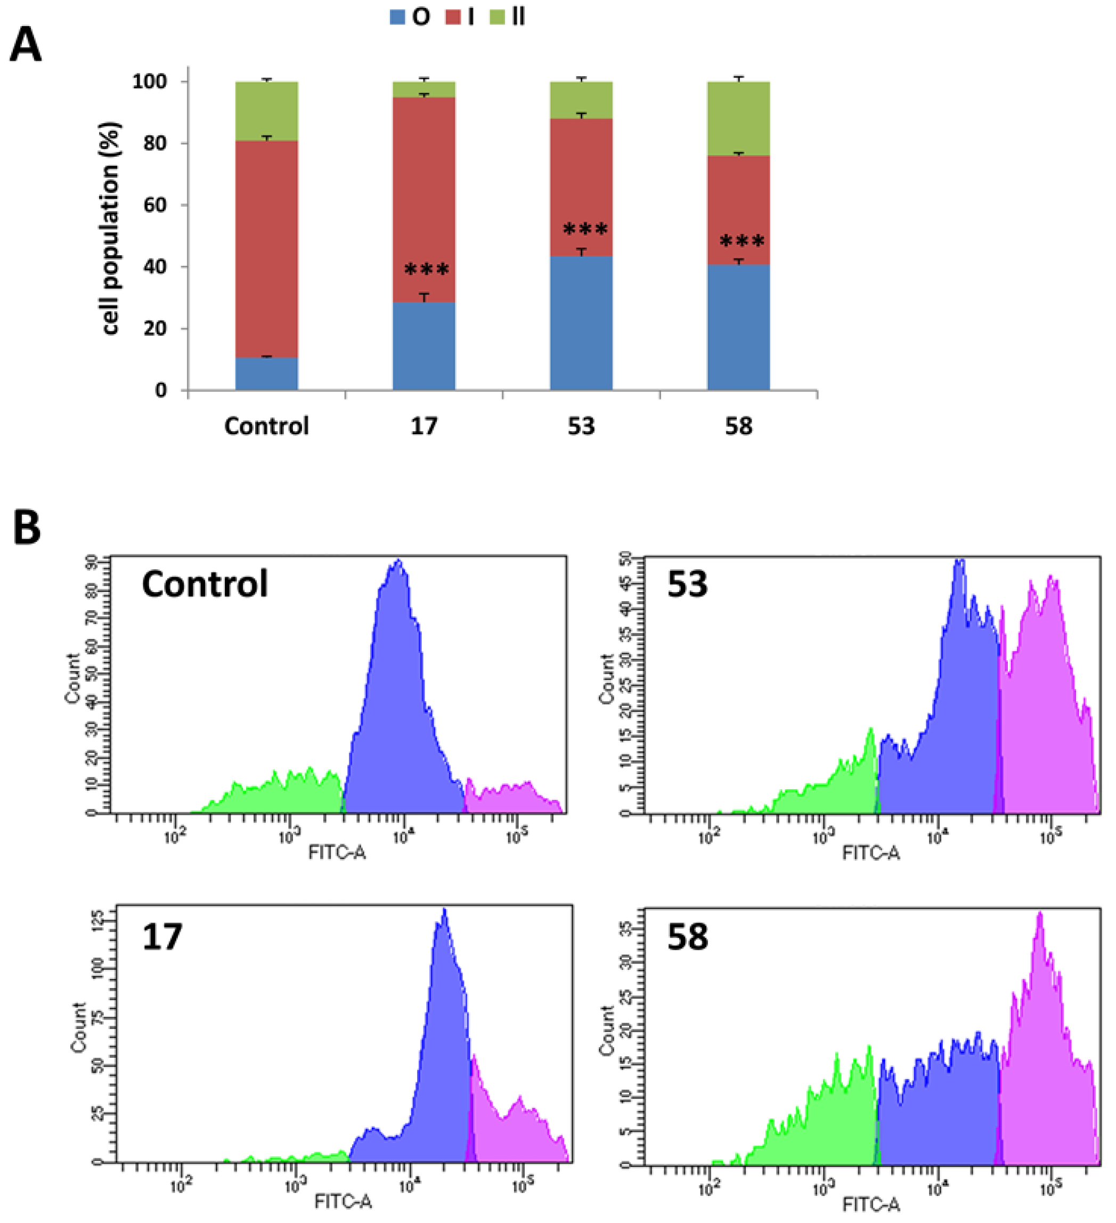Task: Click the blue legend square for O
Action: coord(397,17)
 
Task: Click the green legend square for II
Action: coord(497,17)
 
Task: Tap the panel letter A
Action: coord(26,45)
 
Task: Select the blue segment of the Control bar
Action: coord(266,374)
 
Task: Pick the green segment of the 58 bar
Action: coord(738,118)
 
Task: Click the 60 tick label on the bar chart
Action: coord(155,205)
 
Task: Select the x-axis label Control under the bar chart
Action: coord(266,426)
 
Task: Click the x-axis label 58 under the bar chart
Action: coord(738,426)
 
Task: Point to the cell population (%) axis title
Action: coord(110,228)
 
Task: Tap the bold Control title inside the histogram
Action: coord(205,584)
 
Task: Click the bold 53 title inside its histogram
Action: coord(687,584)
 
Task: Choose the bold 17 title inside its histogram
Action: coord(162,936)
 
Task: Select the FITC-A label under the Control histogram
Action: coord(337,852)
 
